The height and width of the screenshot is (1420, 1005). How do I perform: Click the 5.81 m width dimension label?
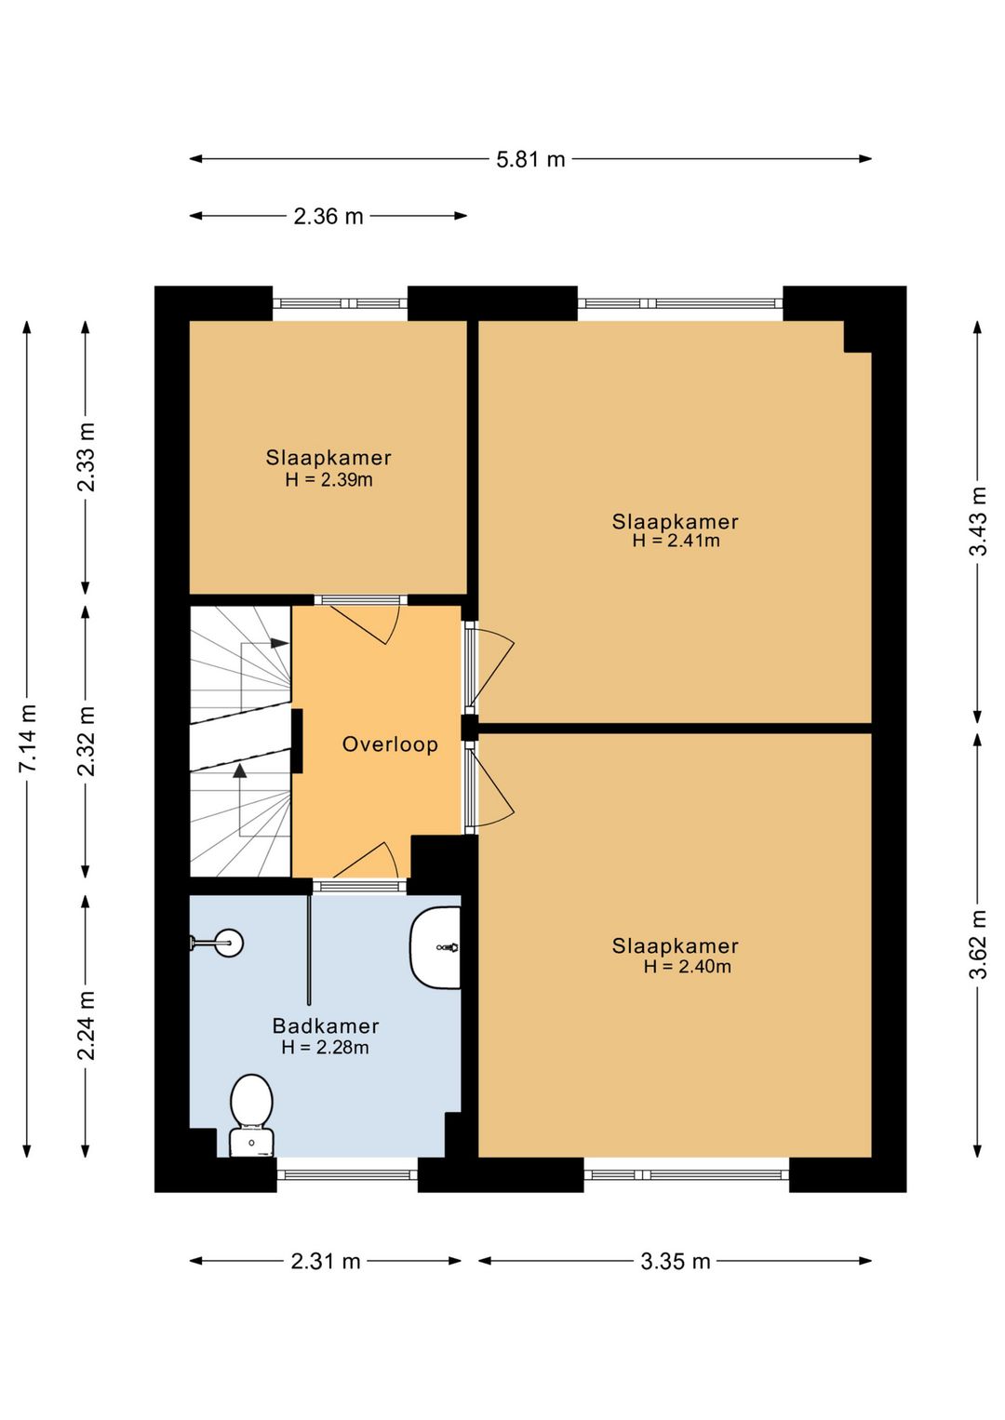530,159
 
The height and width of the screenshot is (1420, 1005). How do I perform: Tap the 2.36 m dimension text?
328,216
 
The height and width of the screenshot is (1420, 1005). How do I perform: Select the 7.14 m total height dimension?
28,738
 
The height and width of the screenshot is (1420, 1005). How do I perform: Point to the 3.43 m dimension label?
979,521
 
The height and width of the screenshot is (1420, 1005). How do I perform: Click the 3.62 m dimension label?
979,944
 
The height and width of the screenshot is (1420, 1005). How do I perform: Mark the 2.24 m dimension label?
87,1025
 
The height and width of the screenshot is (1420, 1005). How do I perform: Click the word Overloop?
390,744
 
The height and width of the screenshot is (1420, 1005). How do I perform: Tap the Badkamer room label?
326,1025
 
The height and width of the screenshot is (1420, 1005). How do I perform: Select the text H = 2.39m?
328,479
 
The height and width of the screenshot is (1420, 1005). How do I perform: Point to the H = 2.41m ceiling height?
676,541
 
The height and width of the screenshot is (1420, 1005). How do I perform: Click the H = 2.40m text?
688,967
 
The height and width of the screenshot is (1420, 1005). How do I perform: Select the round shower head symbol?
228,943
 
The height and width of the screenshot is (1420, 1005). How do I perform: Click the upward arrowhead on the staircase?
240,770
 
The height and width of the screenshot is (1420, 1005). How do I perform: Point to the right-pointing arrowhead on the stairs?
279,643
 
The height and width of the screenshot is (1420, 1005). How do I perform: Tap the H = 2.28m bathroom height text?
326,1047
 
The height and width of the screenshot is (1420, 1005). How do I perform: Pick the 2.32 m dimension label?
87,741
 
